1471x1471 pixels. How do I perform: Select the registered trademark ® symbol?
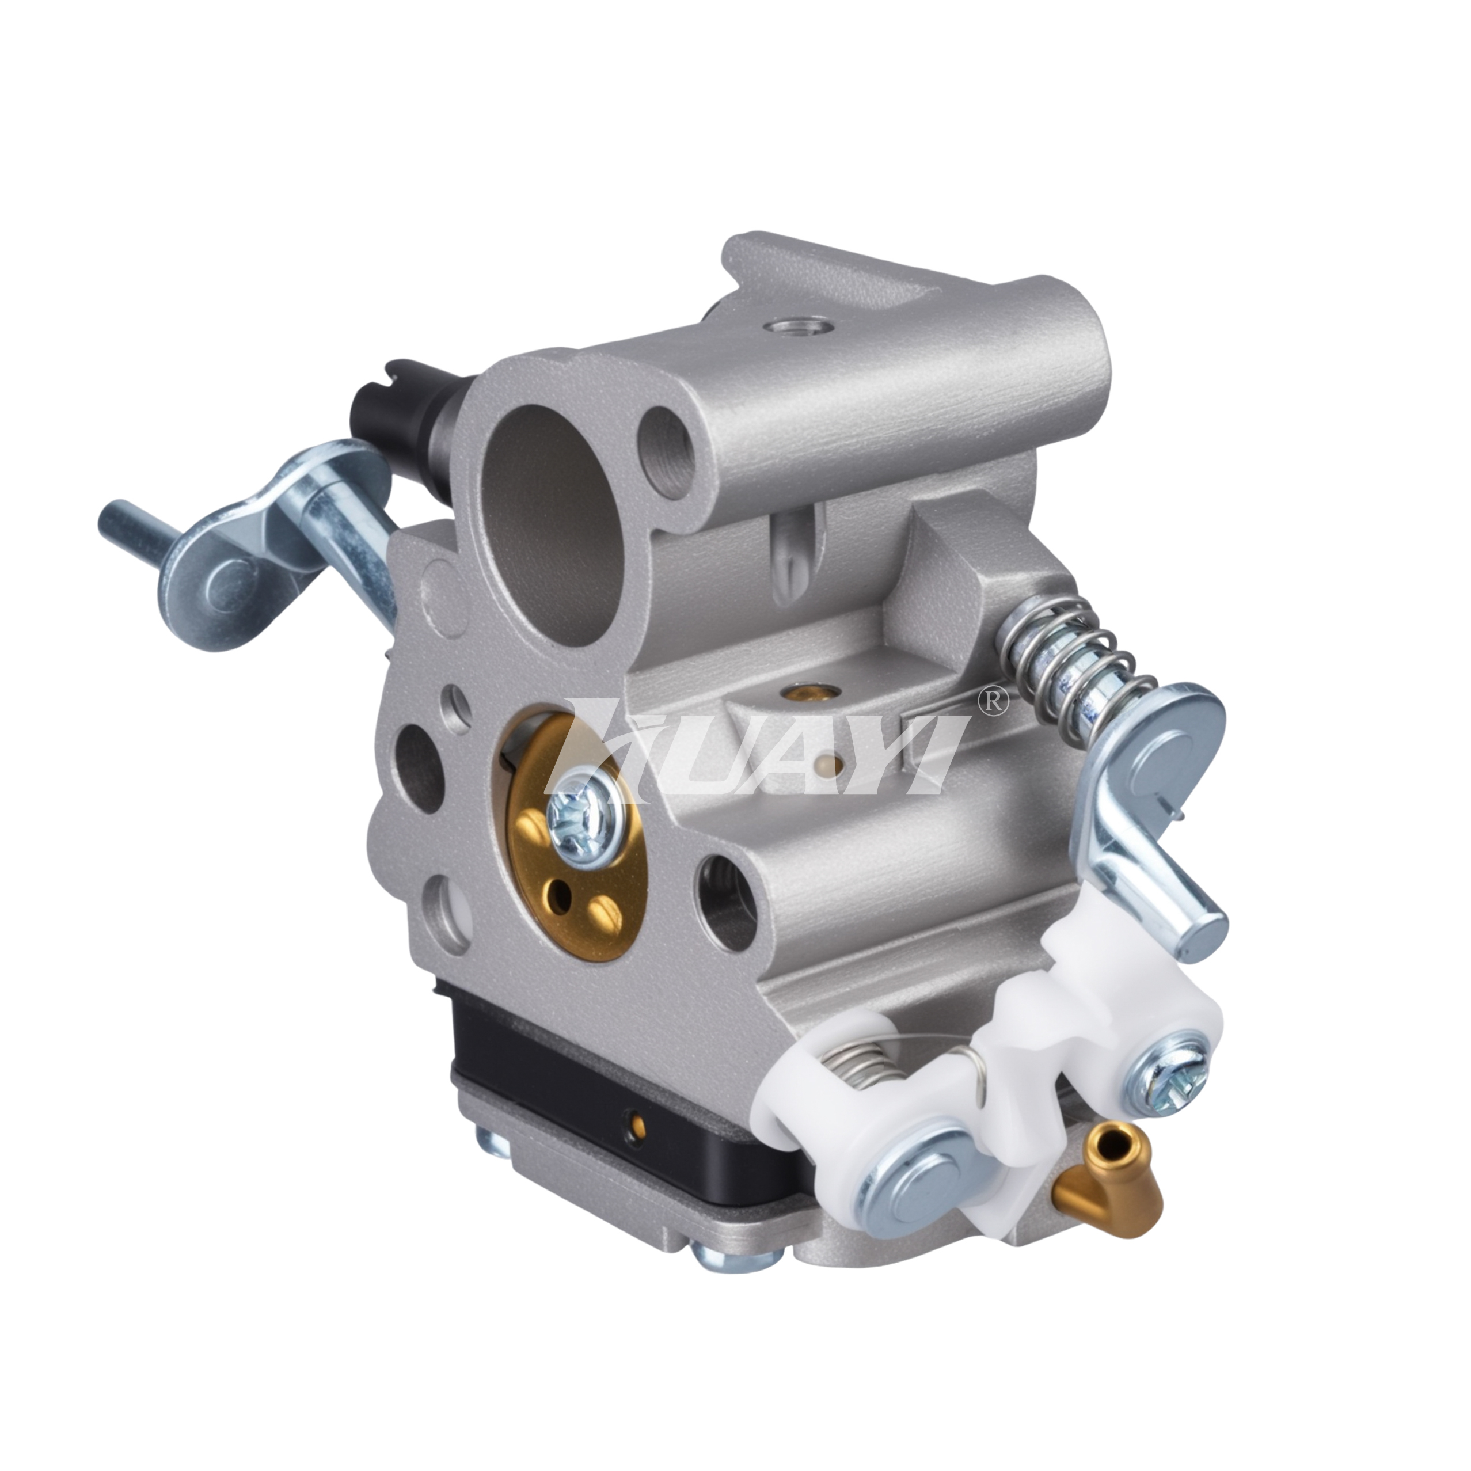coord(992,702)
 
